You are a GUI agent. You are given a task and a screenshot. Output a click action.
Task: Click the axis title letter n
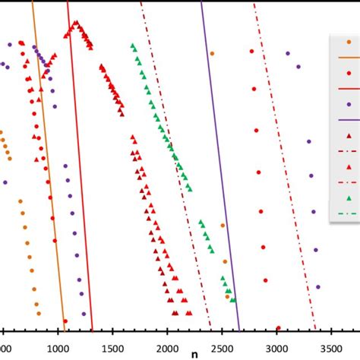(194, 354)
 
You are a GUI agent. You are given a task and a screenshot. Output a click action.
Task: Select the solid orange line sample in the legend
(348, 57)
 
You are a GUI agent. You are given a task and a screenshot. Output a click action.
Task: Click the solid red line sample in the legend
(348, 89)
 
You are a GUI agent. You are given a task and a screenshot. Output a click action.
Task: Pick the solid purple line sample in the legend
(348, 120)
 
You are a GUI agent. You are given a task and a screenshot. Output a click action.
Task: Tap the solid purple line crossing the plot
(220, 167)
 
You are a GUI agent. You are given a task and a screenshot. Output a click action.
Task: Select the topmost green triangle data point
(133, 46)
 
